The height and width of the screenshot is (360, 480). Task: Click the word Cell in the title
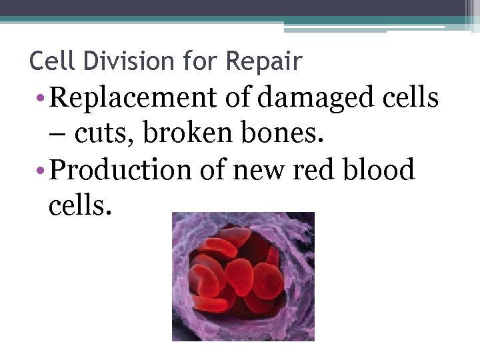tap(49, 61)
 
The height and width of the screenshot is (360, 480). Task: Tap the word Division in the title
tap(113, 61)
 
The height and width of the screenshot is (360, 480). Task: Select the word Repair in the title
tap(264, 61)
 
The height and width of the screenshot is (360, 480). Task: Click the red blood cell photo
tap(243, 276)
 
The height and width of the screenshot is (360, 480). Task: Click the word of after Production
tap(215, 170)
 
